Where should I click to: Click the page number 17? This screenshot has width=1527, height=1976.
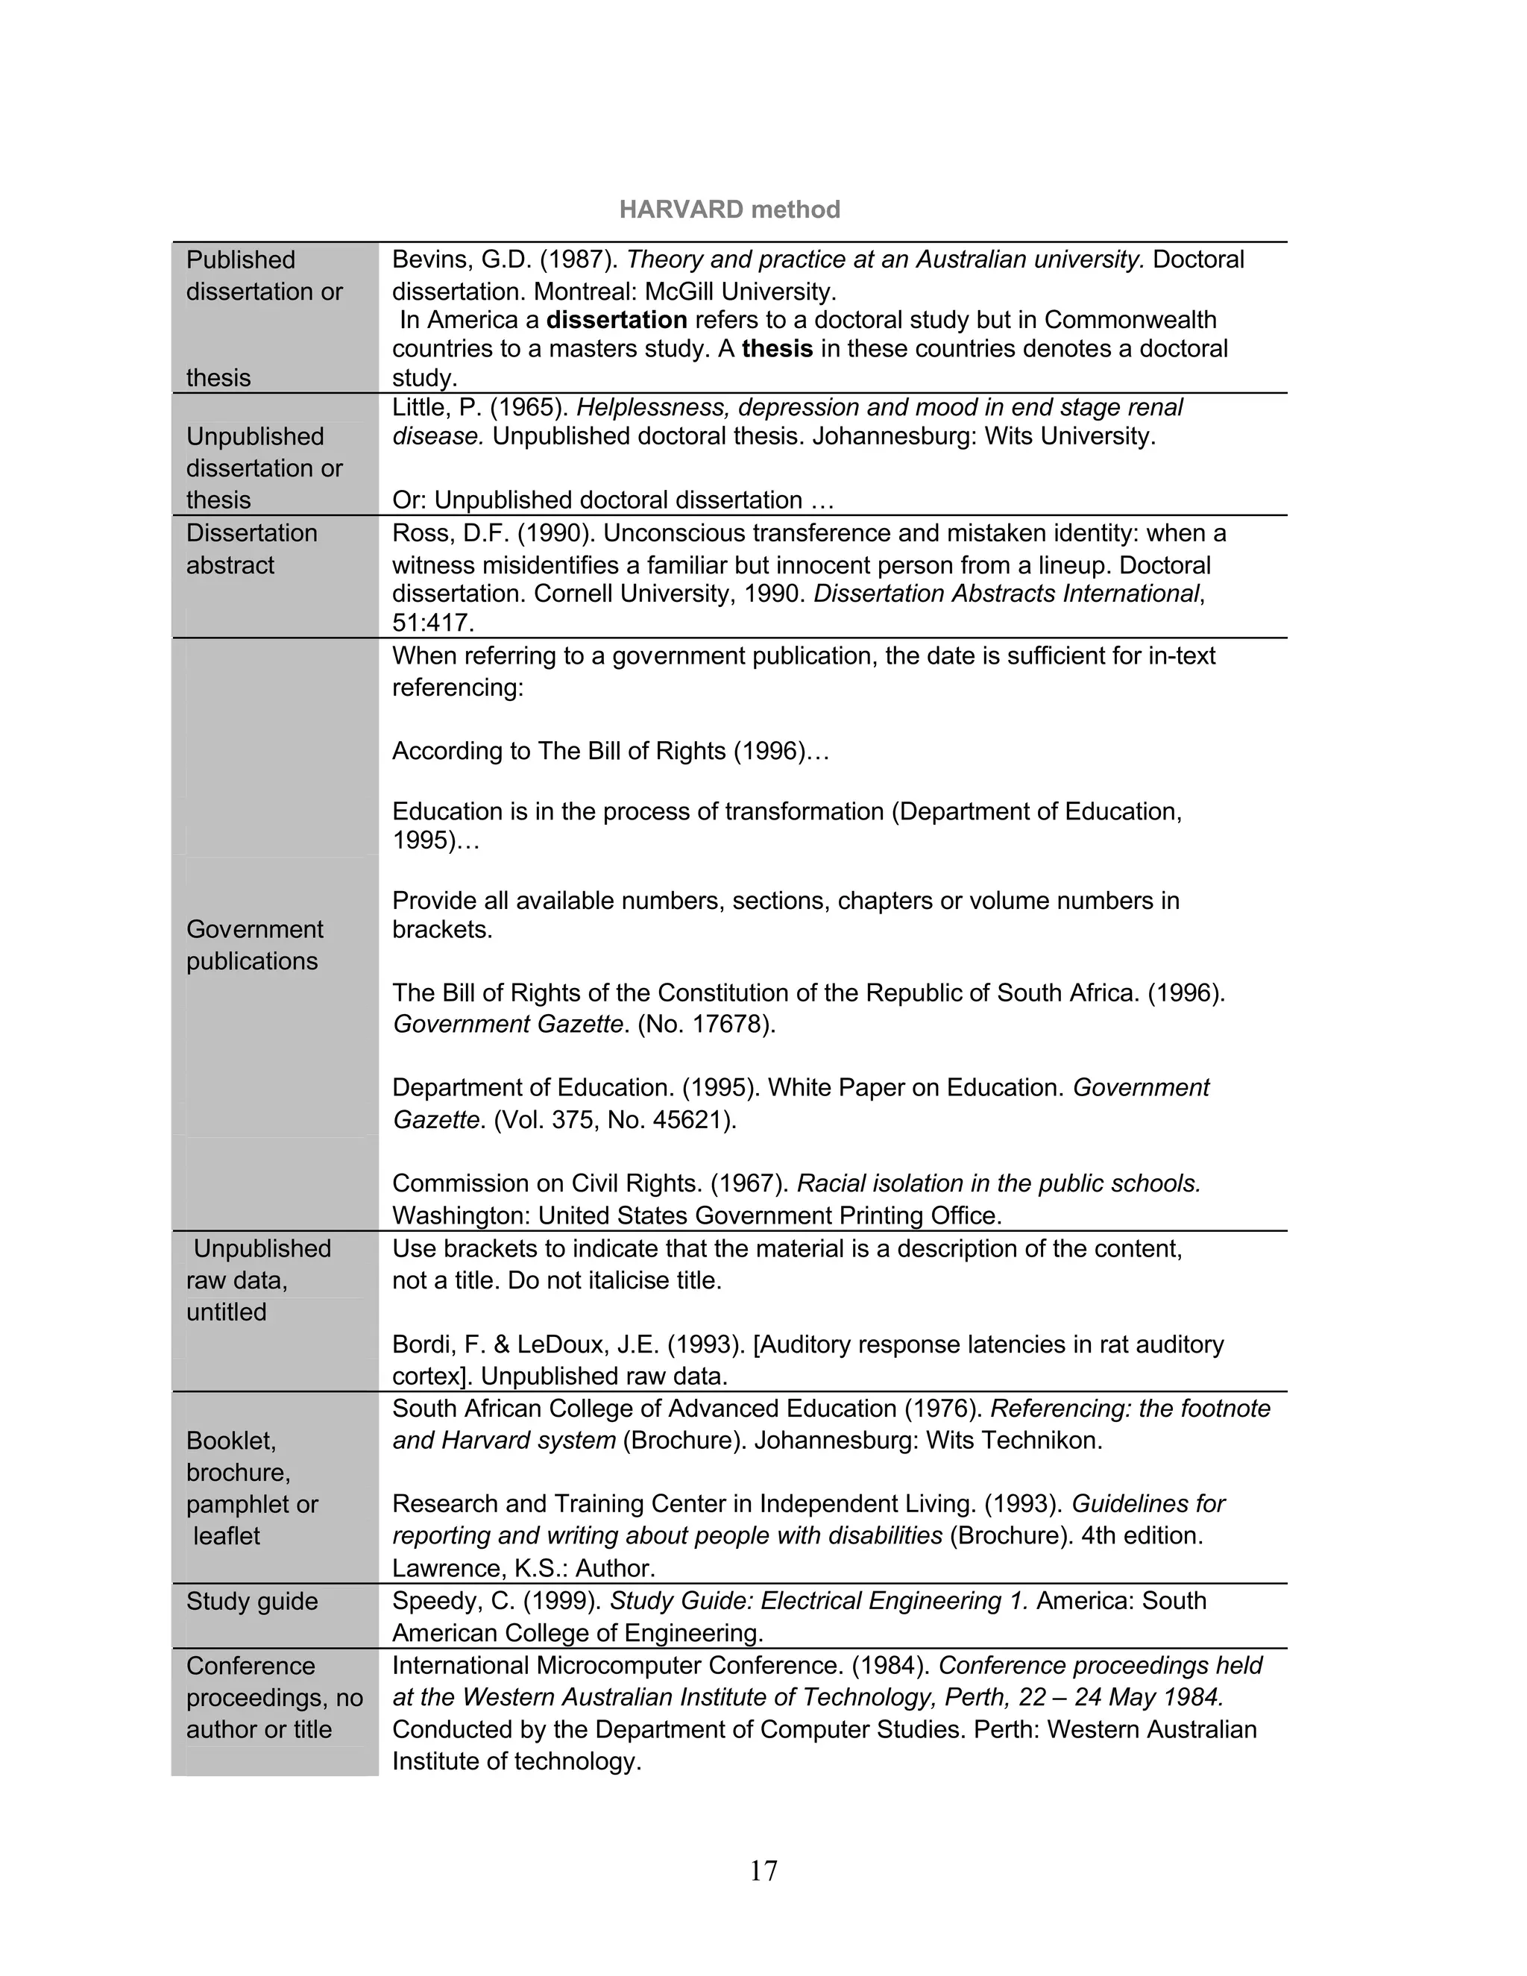(x=763, y=1870)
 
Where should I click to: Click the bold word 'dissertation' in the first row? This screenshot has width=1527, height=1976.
(x=616, y=321)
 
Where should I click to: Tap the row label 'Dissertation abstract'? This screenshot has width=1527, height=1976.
(x=251, y=550)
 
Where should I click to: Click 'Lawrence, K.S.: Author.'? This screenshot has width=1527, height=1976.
(x=523, y=1568)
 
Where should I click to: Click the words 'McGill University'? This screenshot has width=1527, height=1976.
(x=739, y=292)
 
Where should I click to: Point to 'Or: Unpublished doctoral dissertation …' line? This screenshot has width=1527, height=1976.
(x=612, y=500)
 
